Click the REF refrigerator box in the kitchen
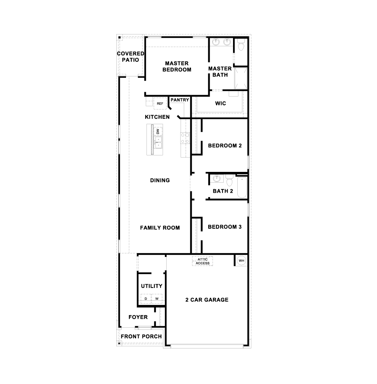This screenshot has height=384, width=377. coord(160,103)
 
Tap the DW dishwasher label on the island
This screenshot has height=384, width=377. coord(158,131)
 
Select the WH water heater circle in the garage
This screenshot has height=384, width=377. coord(241,261)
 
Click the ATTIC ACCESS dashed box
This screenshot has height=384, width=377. coord(203,261)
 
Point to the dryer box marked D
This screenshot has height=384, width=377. coord(146,299)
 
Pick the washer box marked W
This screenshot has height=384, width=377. coord(157,299)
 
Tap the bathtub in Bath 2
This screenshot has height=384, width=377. coord(242,187)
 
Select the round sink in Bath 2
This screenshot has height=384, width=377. coord(217,178)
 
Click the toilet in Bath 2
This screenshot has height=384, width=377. coord(229,181)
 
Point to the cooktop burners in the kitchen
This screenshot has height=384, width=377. coord(185,138)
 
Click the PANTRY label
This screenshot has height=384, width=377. coord(180,100)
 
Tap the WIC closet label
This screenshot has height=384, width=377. coord(220,103)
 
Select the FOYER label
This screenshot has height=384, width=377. coord(138,317)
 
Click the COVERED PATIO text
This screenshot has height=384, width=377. coord(130,57)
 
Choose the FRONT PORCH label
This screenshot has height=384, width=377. coord(141,337)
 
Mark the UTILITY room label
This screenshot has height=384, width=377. coord(152,286)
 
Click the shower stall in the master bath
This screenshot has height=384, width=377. coord(241,78)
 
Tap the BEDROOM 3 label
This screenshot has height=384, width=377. coord(225,227)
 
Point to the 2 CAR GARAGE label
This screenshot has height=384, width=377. coord(207,300)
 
